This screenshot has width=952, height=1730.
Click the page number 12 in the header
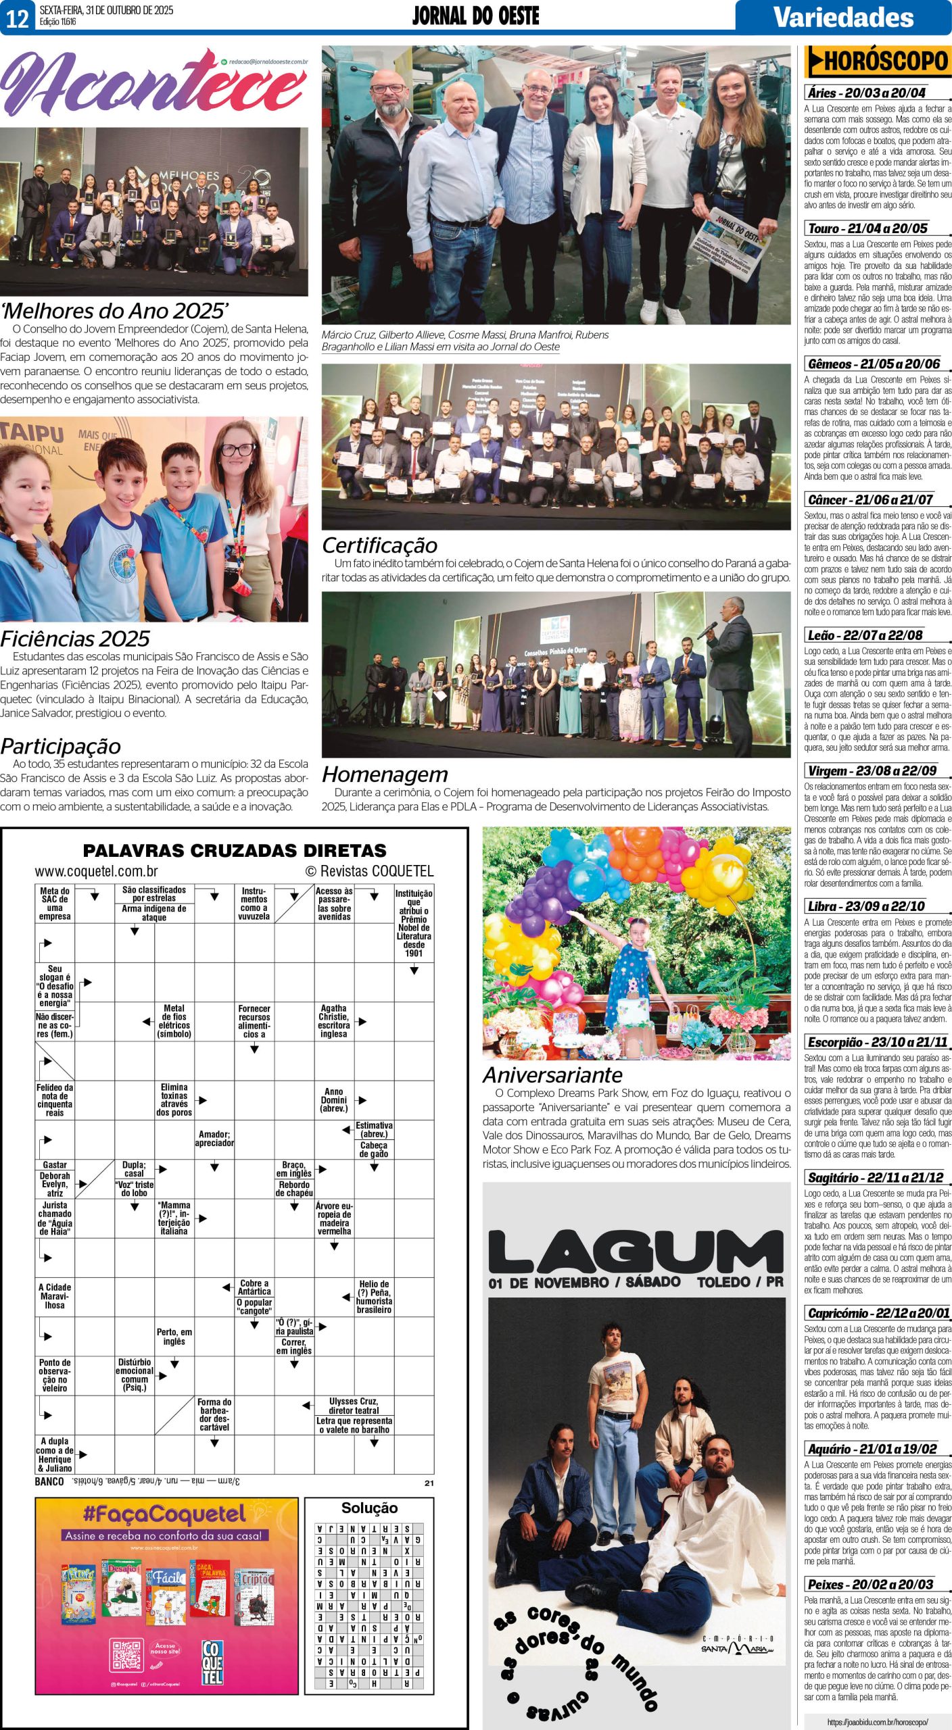(17, 18)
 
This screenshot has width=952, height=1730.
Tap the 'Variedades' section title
(843, 17)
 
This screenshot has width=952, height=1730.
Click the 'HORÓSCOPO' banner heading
(878, 62)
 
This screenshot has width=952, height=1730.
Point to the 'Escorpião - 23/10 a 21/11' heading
(878, 1042)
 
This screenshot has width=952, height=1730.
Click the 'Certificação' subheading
(379, 545)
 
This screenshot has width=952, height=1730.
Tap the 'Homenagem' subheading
(385, 774)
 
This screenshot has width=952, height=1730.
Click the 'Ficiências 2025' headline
(75, 639)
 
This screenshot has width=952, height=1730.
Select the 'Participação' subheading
(61, 746)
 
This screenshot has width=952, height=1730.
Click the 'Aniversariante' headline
(552, 1074)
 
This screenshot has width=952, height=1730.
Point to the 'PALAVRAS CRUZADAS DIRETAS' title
(235, 850)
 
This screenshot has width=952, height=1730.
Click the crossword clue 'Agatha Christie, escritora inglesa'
(334, 1020)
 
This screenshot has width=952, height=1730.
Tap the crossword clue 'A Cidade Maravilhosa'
(55, 1296)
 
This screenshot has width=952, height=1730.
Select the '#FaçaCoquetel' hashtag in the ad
(164, 1515)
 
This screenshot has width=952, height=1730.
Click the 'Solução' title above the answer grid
(369, 1508)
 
